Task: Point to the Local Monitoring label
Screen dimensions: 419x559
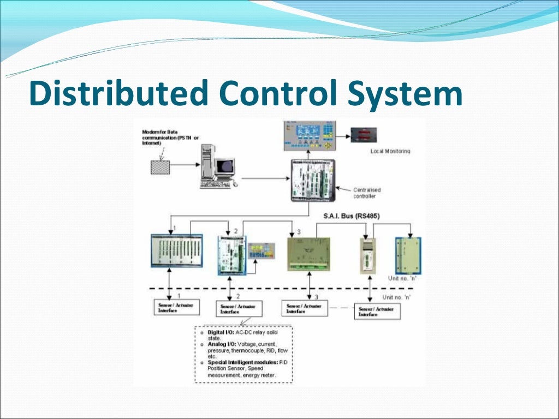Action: (390, 151)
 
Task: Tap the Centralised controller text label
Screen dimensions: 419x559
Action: (367, 193)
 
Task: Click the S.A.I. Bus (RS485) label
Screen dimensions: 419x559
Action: (352, 216)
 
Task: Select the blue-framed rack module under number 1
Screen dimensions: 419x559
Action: (176, 250)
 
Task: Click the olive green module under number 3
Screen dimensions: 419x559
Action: (308, 254)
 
